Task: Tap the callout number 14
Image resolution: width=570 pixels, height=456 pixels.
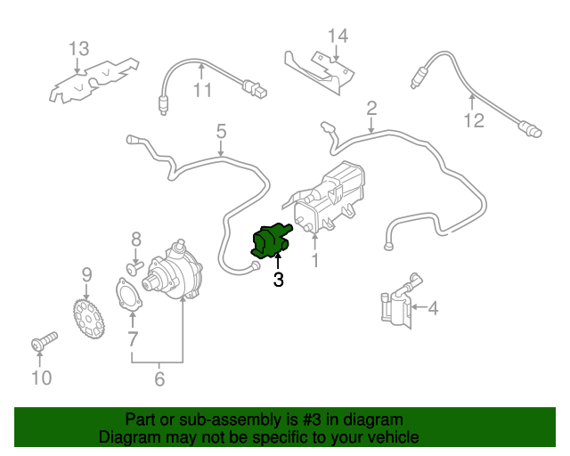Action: click(338, 37)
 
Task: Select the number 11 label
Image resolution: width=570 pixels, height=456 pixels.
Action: click(203, 91)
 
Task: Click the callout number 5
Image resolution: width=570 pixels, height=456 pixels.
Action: click(221, 132)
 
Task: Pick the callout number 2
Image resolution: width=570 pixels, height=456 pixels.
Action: click(371, 109)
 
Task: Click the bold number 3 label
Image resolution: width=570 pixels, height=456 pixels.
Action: click(279, 281)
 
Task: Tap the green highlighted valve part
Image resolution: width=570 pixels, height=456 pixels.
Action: click(271, 240)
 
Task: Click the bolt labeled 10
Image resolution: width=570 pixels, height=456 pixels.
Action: click(41, 343)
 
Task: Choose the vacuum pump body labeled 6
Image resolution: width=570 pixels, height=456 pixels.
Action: click(177, 271)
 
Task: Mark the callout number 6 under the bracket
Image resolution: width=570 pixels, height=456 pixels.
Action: click(159, 379)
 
